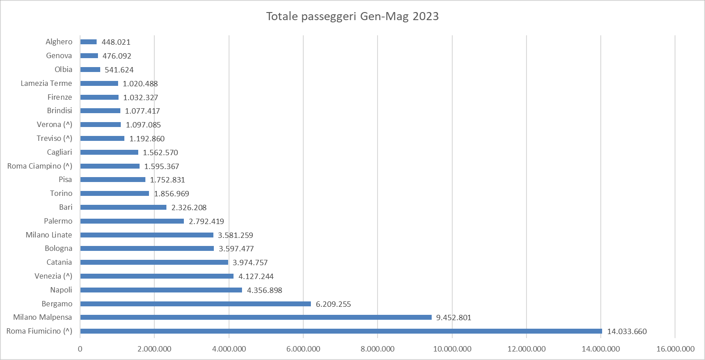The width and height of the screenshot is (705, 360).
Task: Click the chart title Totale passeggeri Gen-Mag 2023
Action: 352,17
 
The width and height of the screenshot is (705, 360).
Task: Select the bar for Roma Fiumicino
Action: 341,331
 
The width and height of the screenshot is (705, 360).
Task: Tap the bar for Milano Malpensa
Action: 256,318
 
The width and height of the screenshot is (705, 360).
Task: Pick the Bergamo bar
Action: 195,304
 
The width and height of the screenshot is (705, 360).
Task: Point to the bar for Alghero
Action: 89,42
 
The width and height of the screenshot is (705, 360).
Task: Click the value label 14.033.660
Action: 627,332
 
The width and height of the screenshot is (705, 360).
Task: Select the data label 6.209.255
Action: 333,304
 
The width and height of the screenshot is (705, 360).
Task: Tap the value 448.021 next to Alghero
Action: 116,42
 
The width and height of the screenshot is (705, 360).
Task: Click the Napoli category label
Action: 61,290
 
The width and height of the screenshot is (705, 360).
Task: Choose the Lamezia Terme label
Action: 46,83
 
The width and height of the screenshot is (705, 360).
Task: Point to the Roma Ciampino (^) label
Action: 39,166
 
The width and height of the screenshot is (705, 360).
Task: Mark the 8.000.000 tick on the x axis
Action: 378,349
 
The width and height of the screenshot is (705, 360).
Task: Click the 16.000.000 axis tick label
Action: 675,349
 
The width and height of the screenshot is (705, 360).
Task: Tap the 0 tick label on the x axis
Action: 80,349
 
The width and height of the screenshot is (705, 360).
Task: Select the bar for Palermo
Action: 132,221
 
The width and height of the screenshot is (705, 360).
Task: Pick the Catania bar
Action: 154,263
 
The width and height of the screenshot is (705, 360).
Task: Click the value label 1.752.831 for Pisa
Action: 167,180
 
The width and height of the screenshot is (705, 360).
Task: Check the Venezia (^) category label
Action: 53,276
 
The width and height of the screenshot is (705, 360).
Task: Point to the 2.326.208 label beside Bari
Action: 189,208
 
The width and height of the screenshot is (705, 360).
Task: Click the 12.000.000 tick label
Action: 526,349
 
